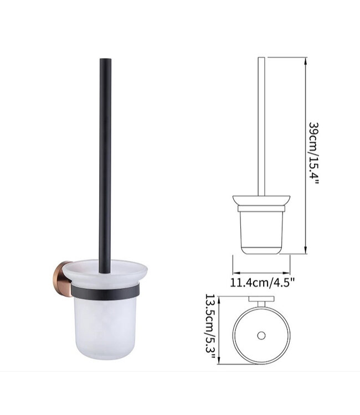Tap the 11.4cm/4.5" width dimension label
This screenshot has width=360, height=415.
click(x=262, y=283)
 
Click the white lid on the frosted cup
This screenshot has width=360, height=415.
click(x=105, y=272)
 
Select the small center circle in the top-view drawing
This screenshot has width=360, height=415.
click(x=261, y=335)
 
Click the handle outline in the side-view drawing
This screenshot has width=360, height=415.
click(x=262, y=127)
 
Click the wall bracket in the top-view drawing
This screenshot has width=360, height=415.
click(x=261, y=302)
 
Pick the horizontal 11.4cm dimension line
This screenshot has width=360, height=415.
click(x=262, y=271)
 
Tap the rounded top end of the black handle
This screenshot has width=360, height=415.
click(x=105, y=60)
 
